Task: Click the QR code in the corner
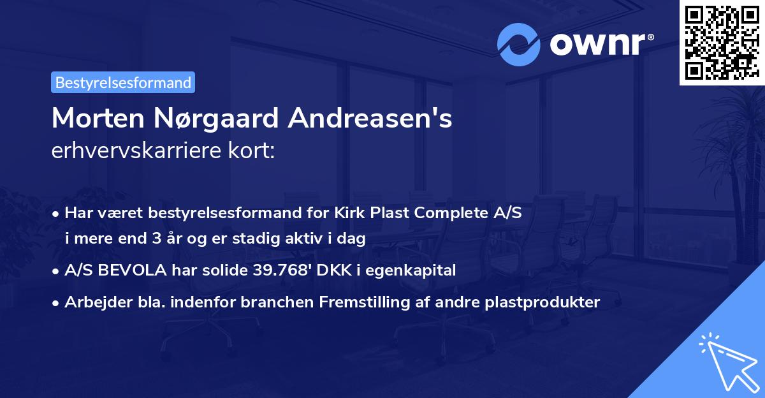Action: pos(722,42)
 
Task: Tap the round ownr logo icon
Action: pos(519,45)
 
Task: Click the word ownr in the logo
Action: pos(596,45)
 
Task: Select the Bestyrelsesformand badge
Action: pos(123,82)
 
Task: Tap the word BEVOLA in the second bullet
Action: pos(132,270)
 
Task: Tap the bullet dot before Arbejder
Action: pos(56,303)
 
